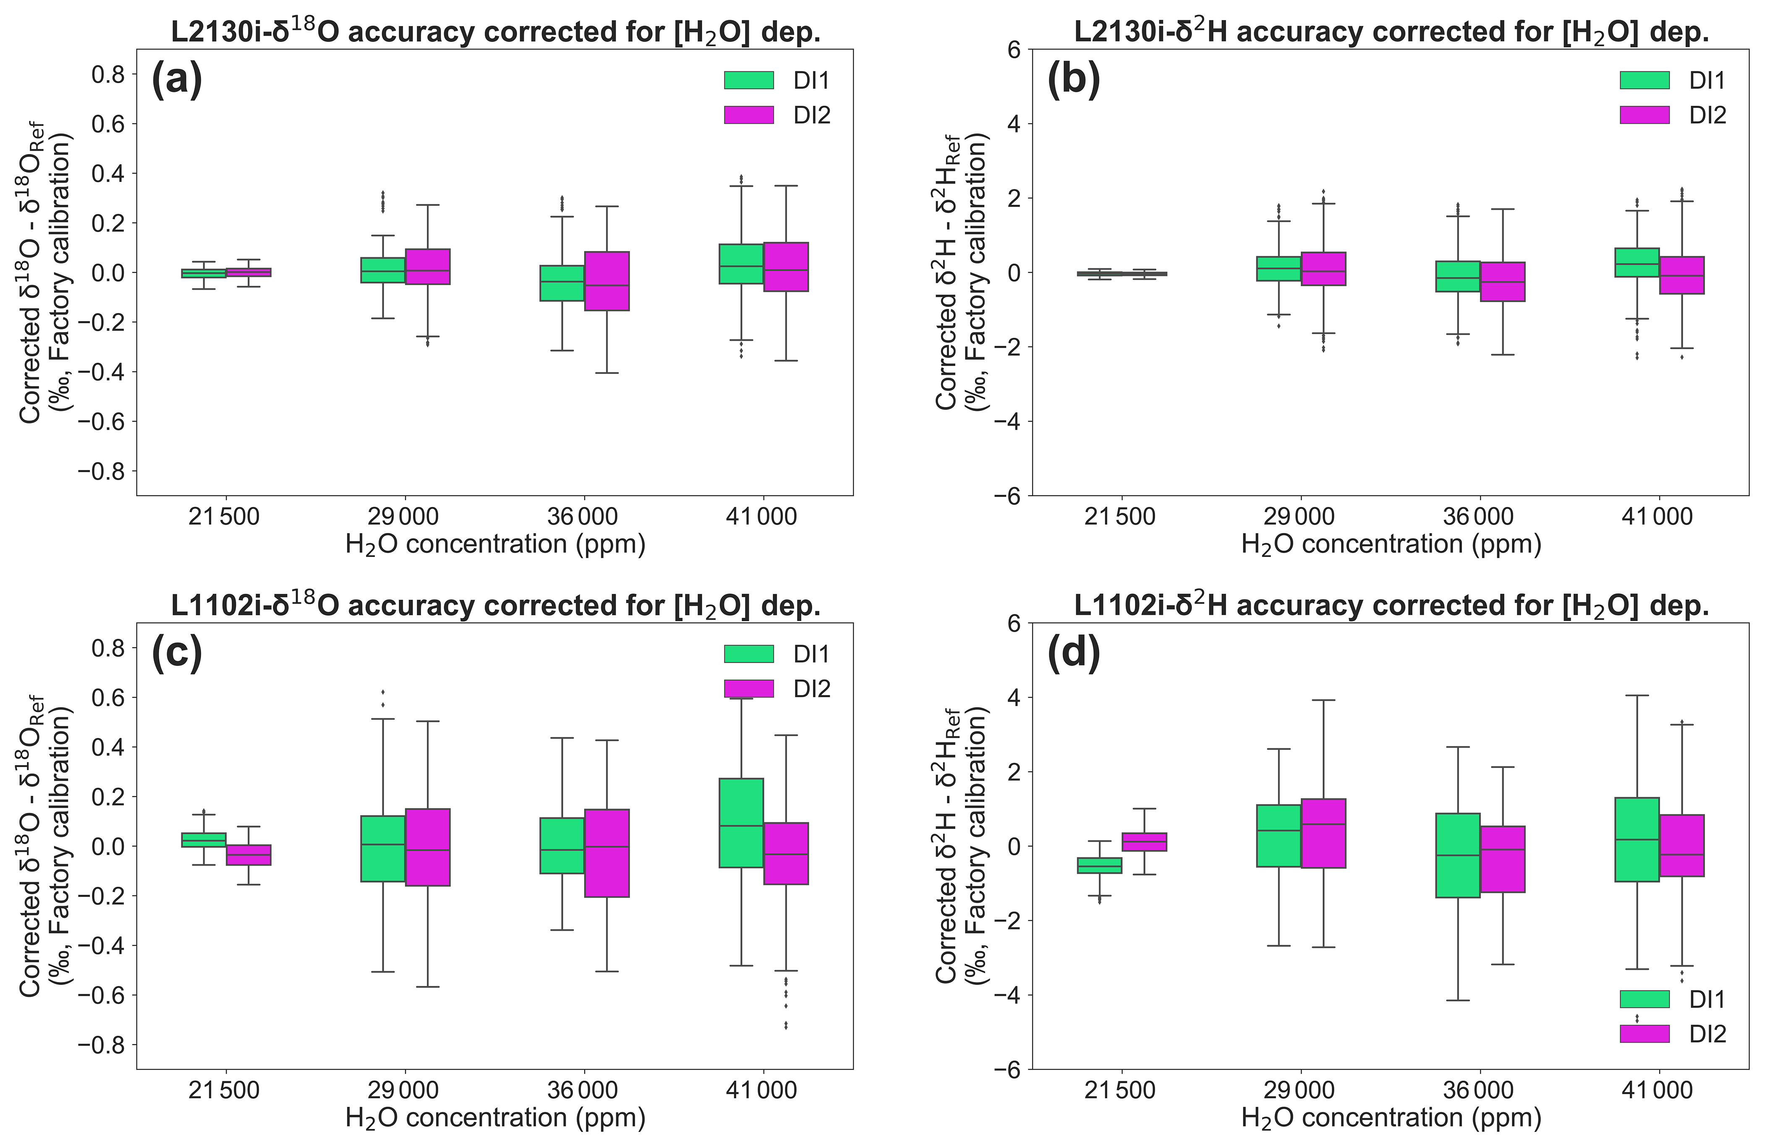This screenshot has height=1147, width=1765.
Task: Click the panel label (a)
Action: coord(176,79)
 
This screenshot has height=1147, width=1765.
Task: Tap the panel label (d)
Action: coord(1073,653)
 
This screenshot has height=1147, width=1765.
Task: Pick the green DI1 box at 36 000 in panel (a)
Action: coord(561,282)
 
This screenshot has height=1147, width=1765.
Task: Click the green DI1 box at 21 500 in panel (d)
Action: coord(1099,865)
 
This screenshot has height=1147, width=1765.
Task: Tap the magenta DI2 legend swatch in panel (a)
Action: coord(748,115)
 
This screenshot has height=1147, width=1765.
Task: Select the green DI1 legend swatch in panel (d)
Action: coord(1644,999)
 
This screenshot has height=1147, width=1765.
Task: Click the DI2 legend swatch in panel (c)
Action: coord(748,689)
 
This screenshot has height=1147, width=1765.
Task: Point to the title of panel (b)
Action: coord(1391,32)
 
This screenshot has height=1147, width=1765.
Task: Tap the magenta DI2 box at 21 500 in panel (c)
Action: coord(248,855)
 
